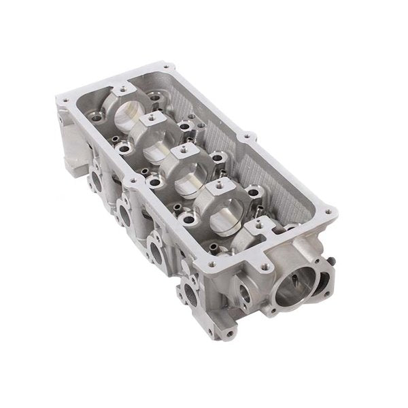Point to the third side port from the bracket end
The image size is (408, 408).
pos(156,251)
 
